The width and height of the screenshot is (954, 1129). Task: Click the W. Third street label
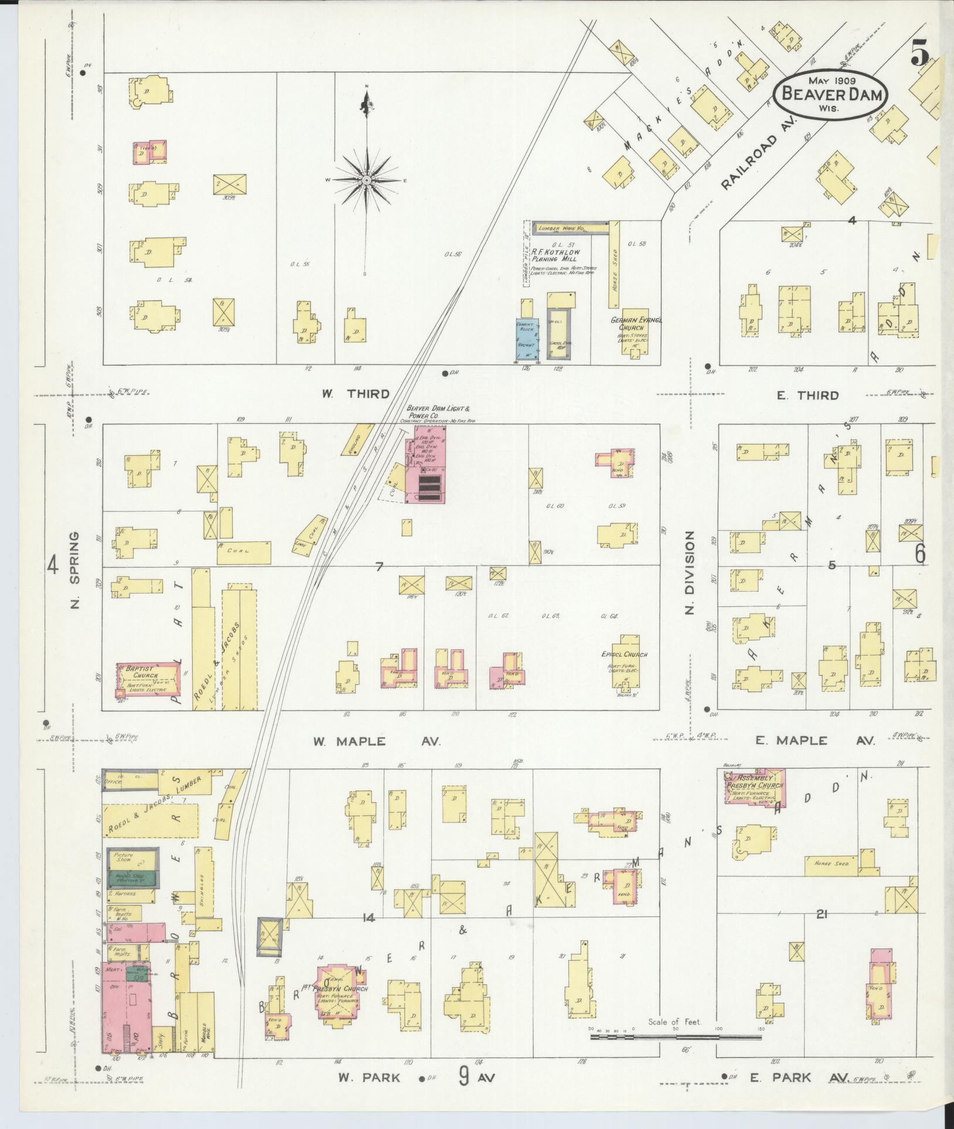356,394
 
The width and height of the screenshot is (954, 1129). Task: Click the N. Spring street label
74,570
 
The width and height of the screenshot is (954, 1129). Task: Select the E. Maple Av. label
815,741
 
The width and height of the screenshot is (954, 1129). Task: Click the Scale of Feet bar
676,1036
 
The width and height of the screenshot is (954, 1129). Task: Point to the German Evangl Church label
636,323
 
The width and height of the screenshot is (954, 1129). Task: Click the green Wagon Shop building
131,879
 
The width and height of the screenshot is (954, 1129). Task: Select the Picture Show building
131,859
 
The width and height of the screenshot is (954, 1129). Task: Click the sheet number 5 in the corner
920,56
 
